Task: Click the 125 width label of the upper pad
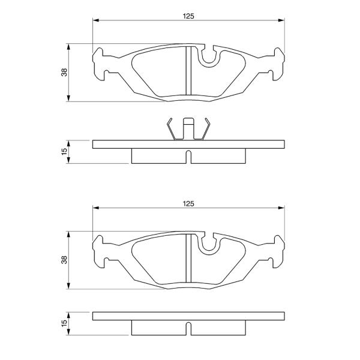click(188, 16)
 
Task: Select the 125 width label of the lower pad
click(188, 203)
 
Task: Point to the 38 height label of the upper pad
click(64, 73)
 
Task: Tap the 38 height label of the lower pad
click(64, 260)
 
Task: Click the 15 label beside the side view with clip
click(64, 152)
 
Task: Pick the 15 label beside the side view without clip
click(64, 322)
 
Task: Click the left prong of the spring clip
click(171, 129)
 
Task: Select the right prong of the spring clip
click(206, 129)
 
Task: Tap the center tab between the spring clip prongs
click(188, 128)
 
